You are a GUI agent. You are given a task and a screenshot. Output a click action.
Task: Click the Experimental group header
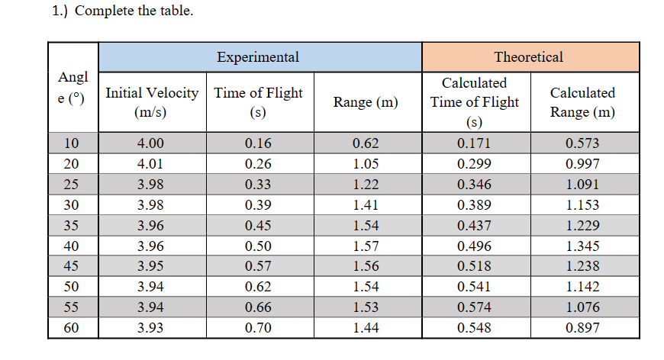click(x=258, y=57)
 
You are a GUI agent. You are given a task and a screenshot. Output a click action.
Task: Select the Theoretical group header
click(x=528, y=57)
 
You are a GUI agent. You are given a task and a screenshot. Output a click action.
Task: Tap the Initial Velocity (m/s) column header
click(x=151, y=102)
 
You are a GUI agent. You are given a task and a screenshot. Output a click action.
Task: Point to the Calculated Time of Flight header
click(x=474, y=102)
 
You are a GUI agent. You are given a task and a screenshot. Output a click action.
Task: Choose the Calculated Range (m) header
click(x=583, y=102)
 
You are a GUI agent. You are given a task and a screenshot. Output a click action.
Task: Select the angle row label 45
click(x=72, y=266)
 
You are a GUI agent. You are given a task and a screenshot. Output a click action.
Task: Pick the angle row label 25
click(x=72, y=185)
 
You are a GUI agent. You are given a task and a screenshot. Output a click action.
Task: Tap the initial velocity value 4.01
click(x=151, y=164)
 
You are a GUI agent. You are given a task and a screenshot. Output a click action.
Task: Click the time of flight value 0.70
click(x=258, y=328)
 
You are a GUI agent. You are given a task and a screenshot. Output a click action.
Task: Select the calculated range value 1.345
click(x=583, y=246)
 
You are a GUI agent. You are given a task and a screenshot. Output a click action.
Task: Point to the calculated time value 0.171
click(x=474, y=143)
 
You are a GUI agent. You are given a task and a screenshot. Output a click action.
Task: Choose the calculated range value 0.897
click(x=583, y=328)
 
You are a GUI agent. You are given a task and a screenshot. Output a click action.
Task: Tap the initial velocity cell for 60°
click(x=151, y=328)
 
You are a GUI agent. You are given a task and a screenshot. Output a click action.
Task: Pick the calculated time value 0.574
click(x=474, y=307)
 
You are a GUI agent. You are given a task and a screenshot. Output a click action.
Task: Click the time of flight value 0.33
click(x=258, y=185)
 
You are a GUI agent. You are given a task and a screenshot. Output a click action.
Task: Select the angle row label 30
click(x=72, y=205)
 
